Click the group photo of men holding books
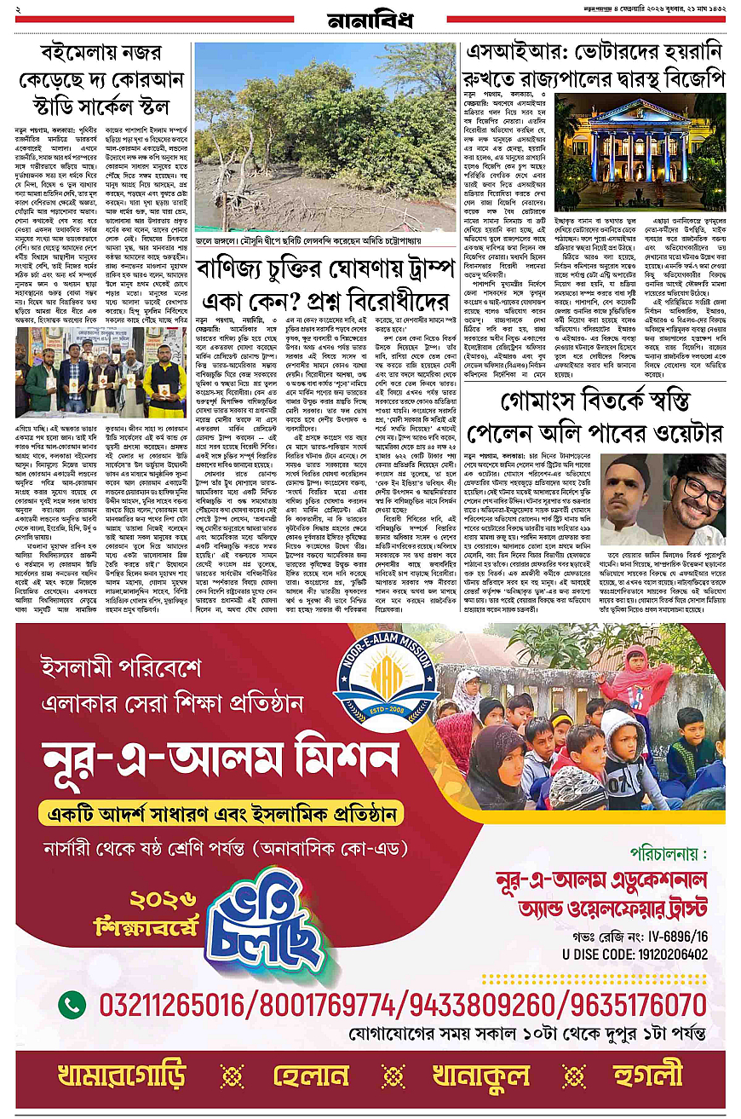101,372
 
